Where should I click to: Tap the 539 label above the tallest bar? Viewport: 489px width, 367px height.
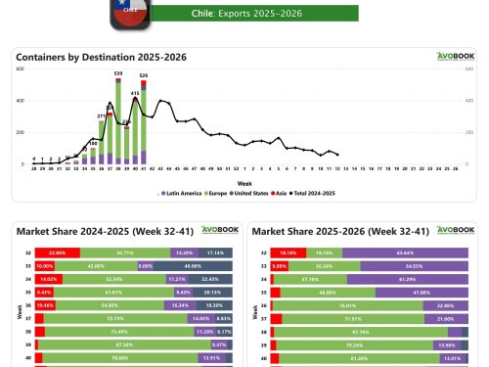(118, 73)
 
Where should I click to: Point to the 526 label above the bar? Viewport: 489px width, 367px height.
(144, 75)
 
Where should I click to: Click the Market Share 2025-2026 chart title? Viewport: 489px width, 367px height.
(325, 231)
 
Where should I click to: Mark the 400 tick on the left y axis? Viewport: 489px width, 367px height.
(19, 99)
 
